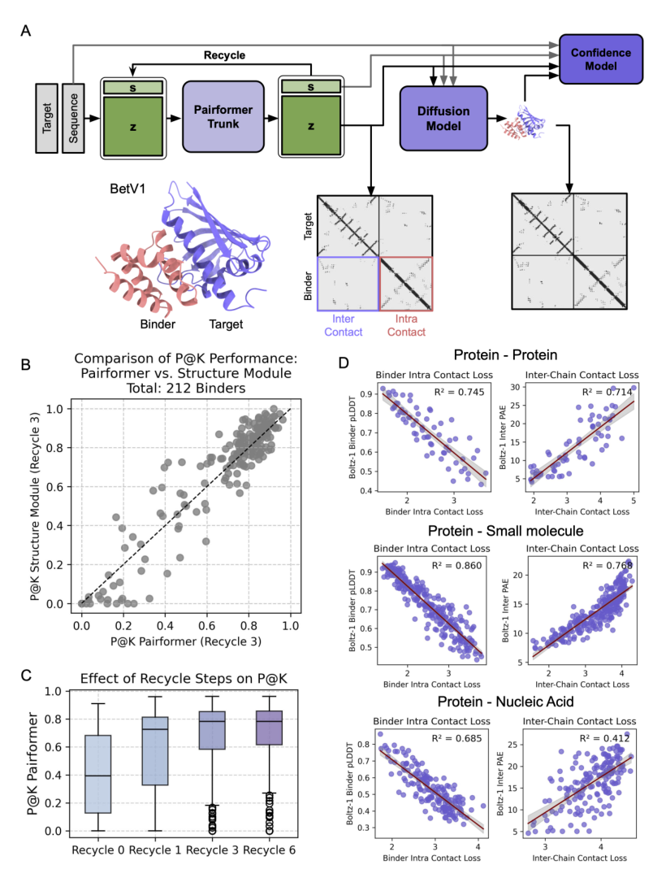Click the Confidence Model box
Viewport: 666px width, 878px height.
600,59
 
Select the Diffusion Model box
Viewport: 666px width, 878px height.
443,118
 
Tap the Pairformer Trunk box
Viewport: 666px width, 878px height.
223,116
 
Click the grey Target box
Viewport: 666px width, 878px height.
47,118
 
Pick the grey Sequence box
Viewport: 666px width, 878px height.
73,118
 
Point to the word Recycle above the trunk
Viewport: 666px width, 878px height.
224,55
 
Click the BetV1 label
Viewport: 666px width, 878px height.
128,189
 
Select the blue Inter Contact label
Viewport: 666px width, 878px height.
344,325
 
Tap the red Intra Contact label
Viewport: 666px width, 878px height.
407,325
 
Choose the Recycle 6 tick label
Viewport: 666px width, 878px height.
269,850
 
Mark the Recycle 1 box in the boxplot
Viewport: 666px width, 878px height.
155,751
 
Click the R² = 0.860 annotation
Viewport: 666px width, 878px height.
456,566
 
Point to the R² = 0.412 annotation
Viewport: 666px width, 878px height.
604,738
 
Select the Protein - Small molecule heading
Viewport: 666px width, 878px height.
505,531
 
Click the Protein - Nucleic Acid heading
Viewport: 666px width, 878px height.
505,702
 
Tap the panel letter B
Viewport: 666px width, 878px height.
26,364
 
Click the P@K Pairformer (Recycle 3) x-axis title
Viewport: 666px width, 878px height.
186,641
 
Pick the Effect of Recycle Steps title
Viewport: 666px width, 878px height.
184,679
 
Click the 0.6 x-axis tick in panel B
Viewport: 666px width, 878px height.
207,625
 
